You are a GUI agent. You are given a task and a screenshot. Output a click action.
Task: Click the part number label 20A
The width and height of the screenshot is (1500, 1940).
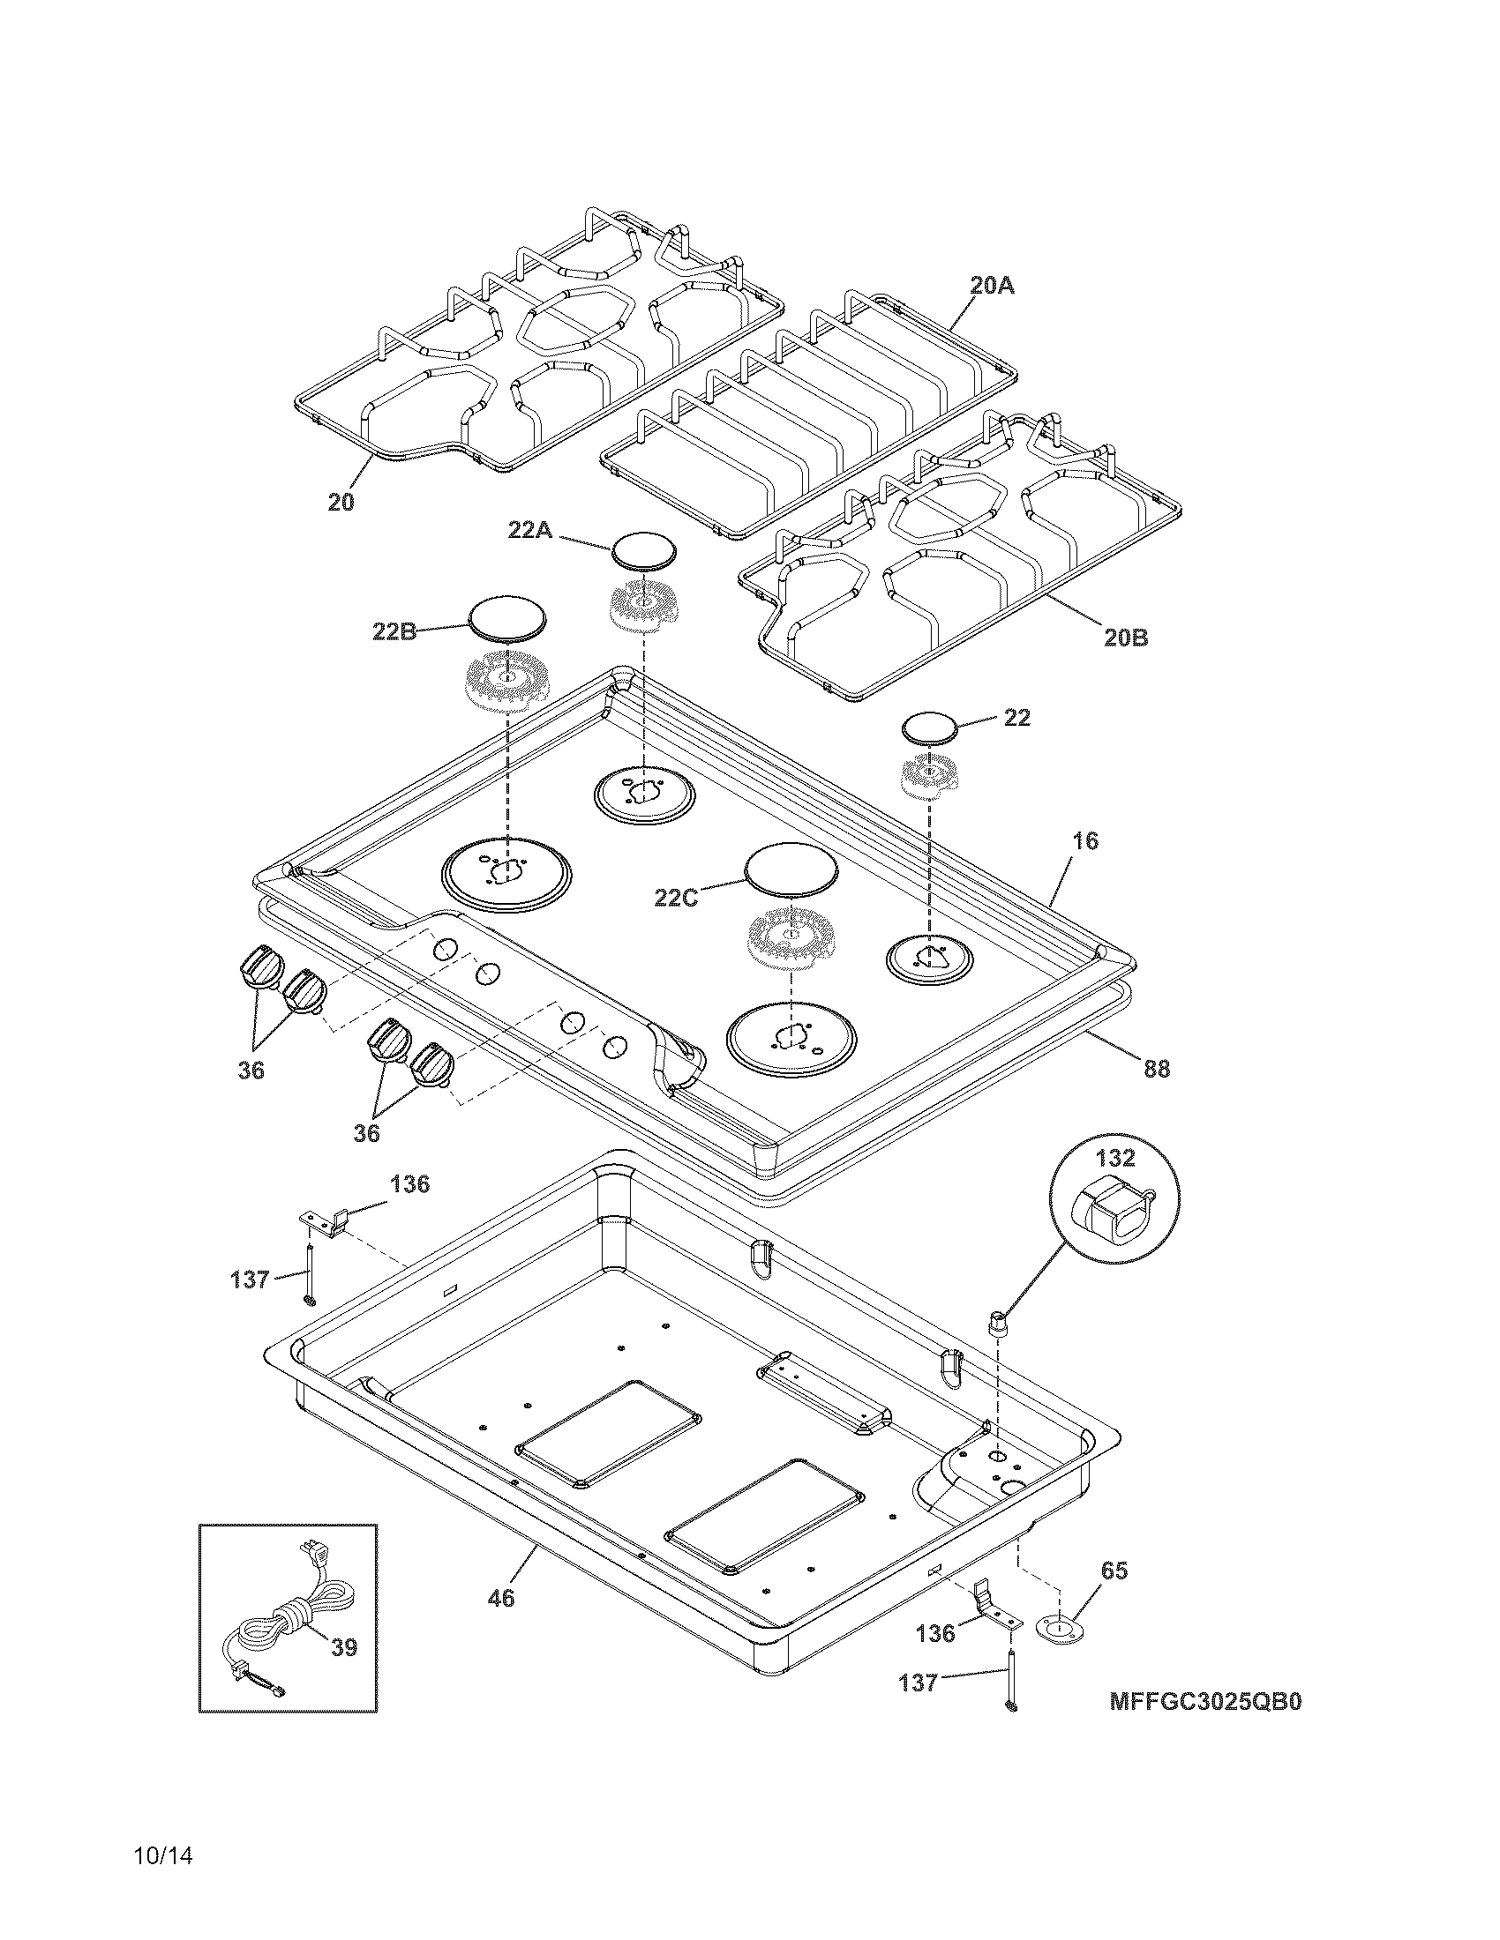click(x=992, y=286)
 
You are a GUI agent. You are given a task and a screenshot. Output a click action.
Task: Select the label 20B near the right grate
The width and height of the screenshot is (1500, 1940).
click(x=1126, y=637)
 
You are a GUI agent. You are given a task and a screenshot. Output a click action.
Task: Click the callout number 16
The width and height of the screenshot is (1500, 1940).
click(x=1084, y=840)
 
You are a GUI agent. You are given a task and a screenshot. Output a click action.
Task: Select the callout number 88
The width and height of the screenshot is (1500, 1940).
click(x=1156, y=1069)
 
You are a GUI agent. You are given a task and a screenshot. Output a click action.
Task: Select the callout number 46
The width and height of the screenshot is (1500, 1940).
click(x=501, y=1598)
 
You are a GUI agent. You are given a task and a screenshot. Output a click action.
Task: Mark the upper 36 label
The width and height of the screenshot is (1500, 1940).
click(x=251, y=1071)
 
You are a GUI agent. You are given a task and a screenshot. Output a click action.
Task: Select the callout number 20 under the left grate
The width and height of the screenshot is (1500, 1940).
click(x=341, y=502)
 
